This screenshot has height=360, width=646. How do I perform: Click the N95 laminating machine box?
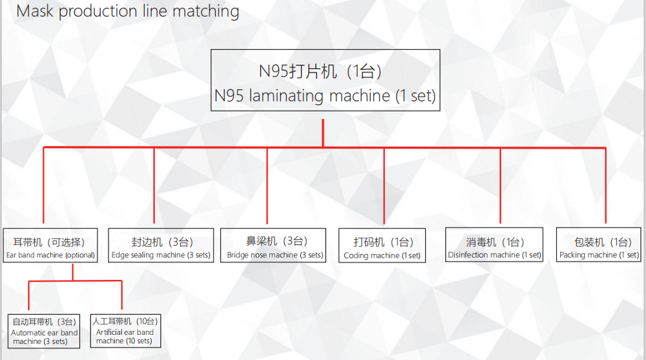tap(326, 80)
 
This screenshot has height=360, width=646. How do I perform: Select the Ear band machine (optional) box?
tap(50, 246)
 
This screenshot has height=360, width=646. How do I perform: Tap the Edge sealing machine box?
tap(161, 246)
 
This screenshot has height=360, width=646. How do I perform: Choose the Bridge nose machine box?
tap(273, 246)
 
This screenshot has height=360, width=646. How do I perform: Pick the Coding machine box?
tap(382, 246)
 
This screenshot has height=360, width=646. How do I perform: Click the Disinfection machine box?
tap(494, 244)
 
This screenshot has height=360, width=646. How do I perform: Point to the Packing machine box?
tap(599, 244)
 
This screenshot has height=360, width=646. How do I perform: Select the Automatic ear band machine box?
tap(44, 331)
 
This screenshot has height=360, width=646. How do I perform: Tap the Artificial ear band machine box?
tap(125, 331)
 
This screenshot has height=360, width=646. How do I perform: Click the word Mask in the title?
tap(35, 11)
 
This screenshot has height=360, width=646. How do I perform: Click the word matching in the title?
tap(205, 11)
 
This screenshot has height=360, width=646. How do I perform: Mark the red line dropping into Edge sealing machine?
tap(154, 185)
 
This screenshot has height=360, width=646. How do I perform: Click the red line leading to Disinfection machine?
tap(500, 185)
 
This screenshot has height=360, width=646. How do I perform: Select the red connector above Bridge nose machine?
tap(267, 185)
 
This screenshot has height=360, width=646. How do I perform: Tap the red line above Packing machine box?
tap(606, 185)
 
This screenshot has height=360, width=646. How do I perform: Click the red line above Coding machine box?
tap(384, 185)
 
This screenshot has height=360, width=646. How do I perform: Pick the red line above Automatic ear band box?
tap(29, 295)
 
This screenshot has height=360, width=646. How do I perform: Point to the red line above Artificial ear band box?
tap(122, 295)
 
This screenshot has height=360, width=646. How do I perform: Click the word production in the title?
tap(98, 12)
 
